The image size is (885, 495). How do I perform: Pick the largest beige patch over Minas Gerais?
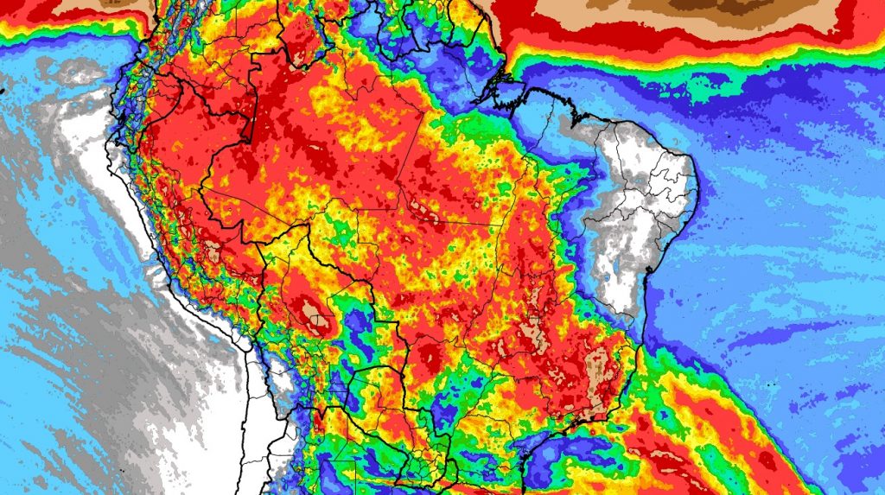[x=597, y=372]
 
